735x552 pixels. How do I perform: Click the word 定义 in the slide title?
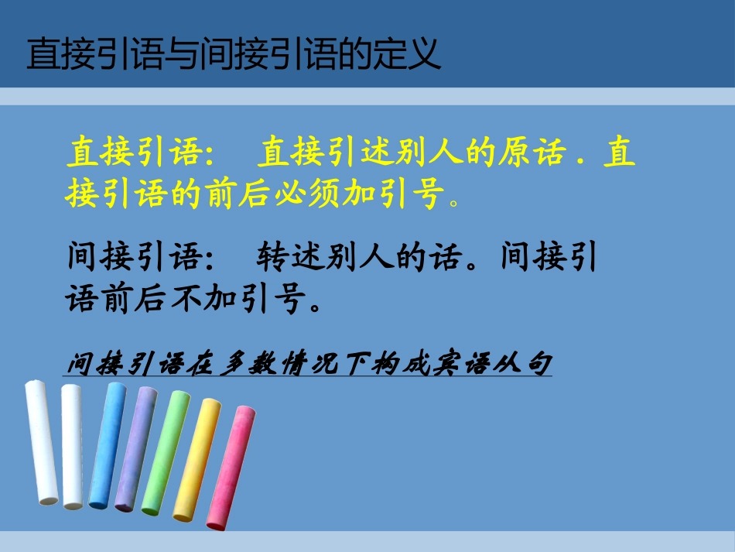click(x=412, y=54)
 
